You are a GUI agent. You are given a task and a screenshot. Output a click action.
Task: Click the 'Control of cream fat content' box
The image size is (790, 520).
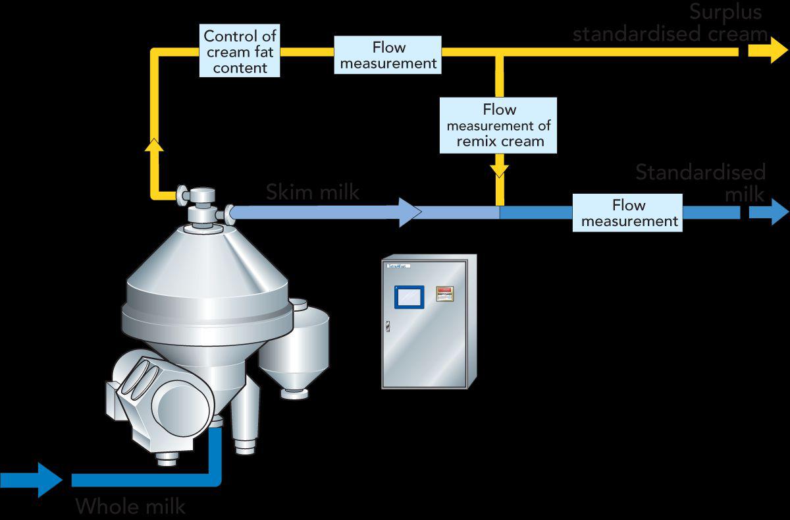(240, 51)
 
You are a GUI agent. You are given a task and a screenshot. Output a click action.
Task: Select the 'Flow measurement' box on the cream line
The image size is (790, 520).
(388, 55)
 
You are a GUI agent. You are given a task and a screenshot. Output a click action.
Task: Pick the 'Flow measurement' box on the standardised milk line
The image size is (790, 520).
(627, 213)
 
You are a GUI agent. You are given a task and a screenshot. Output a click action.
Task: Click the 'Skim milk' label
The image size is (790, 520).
(313, 192)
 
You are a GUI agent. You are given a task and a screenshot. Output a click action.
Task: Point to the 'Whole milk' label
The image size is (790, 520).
(130, 506)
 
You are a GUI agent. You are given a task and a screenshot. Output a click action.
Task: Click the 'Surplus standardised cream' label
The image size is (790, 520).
(670, 23)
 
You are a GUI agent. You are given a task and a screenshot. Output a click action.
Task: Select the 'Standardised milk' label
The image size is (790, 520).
(700, 183)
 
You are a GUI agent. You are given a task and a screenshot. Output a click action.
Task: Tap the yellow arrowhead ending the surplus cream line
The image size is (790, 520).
(770, 50)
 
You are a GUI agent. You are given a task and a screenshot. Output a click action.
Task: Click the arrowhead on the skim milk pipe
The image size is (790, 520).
(409, 212)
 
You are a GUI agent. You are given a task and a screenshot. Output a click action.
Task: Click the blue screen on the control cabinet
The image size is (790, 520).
(409, 297)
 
